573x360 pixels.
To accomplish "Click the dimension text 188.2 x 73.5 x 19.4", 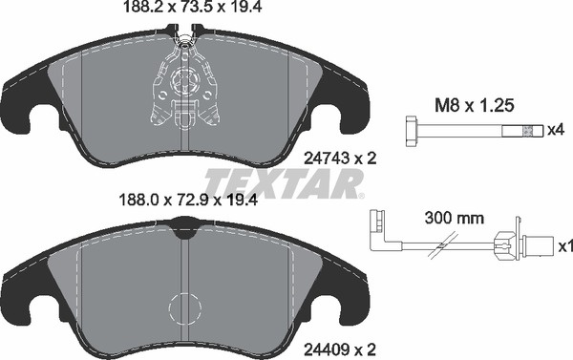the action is (193, 7).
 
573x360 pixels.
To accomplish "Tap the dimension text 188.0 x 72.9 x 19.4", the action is (188, 200).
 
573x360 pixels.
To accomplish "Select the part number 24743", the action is (327, 159).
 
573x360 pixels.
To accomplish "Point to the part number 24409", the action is (327, 349).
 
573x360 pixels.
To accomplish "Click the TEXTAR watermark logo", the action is (285, 184).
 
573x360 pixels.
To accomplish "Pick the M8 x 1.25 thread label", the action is (475, 106).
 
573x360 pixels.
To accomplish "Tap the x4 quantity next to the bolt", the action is (556, 130).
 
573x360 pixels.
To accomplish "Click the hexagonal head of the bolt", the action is (413, 131).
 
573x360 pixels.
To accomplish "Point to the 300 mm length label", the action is (455, 219).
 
